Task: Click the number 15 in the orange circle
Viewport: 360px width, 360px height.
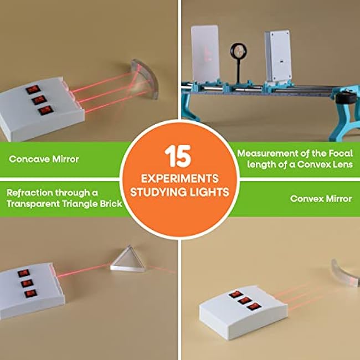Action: (178, 156)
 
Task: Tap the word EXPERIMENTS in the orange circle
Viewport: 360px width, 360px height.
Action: (180, 179)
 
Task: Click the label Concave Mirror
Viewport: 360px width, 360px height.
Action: (44, 159)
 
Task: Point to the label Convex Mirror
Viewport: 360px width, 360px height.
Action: (321, 199)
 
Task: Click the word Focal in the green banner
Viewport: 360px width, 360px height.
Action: (341, 153)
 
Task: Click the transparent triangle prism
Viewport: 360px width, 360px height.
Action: (127, 259)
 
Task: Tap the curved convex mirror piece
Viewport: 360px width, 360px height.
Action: (344, 273)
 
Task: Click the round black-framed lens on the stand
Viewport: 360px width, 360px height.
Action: (239, 52)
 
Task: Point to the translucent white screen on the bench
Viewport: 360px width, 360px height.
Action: (205, 54)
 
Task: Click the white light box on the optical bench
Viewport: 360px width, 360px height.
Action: (278, 56)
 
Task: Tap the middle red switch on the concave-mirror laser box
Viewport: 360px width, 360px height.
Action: (39, 100)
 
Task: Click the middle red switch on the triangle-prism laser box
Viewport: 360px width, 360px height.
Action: (27, 284)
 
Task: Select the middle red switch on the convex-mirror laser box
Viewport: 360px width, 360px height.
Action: (245, 300)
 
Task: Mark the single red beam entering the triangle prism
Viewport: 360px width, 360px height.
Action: (84, 270)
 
